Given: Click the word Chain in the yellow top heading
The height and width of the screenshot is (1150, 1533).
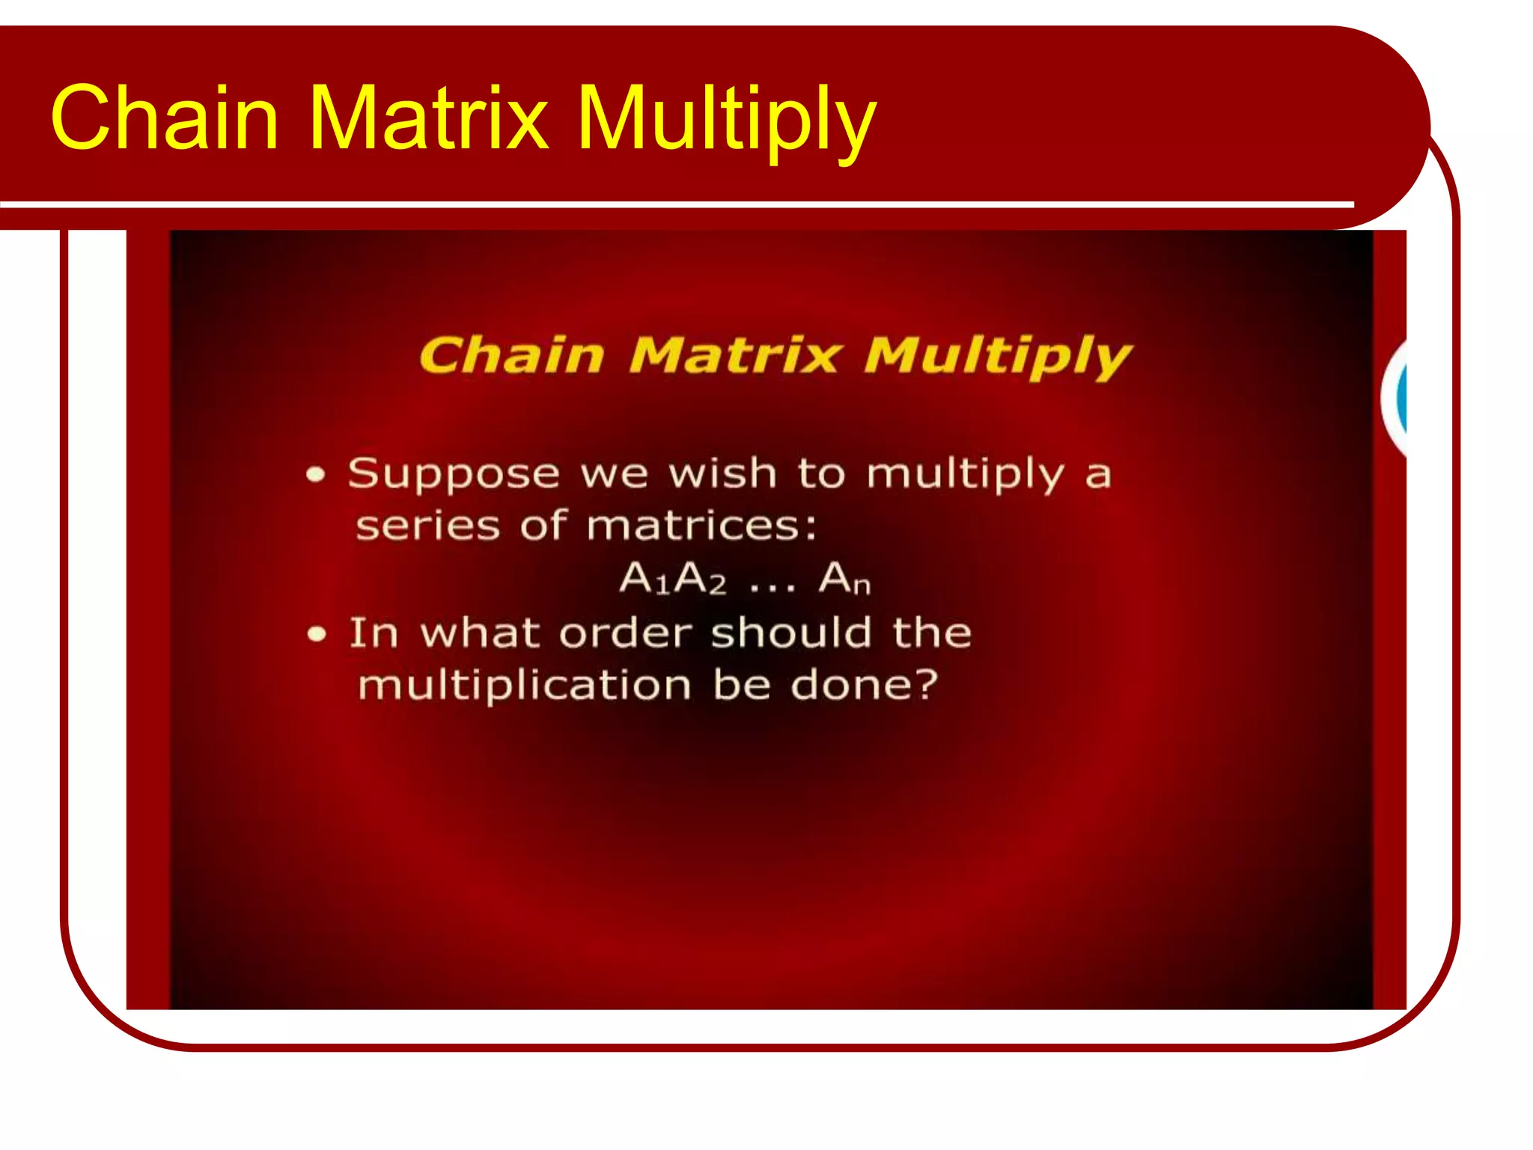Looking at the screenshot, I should click(x=165, y=118).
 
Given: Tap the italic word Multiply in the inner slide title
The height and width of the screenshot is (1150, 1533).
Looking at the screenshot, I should click(x=998, y=357).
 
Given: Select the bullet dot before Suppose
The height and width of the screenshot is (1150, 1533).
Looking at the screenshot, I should click(x=316, y=475).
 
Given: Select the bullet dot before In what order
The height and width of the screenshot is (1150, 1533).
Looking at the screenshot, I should click(x=317, y=635).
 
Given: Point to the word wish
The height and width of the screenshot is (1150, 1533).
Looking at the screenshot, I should click(x=722, y=474).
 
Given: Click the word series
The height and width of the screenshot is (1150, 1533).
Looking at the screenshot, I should click(x=427, y=526).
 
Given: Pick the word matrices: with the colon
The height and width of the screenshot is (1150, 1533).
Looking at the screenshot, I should click(x=701, y=526).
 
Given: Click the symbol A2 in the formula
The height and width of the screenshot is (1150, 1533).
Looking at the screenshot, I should click(x=701, y=579).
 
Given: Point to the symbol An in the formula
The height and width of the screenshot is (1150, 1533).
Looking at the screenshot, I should click(x=844, y=579).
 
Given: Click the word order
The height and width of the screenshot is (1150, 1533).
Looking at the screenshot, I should click(x=626, y=633).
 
